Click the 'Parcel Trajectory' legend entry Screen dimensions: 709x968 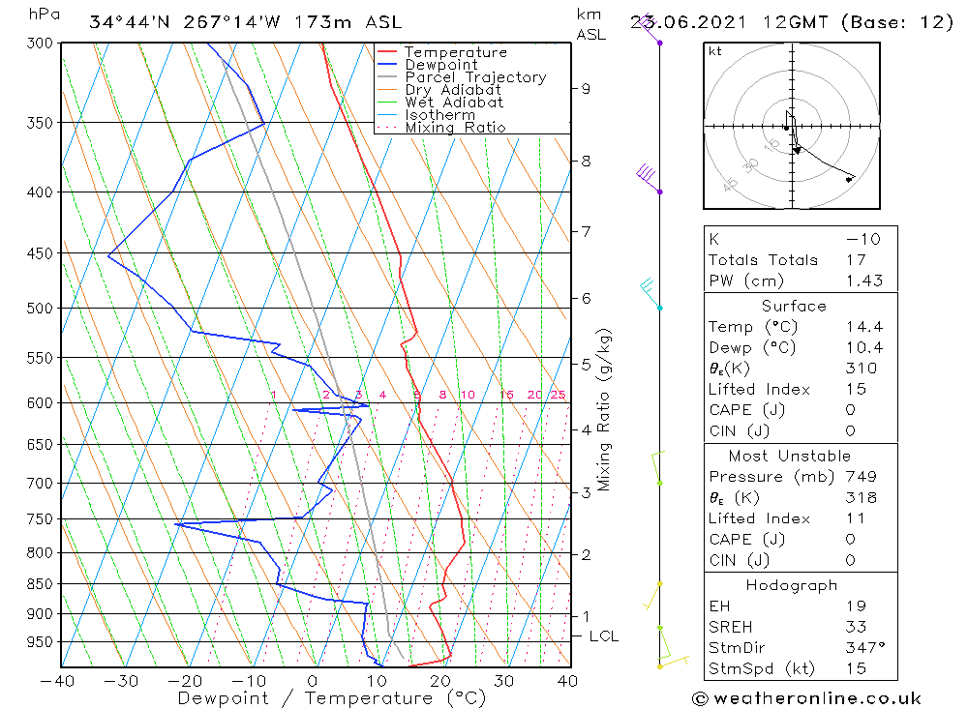click(x=475, y=77)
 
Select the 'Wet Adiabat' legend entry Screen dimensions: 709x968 click(x=454, y=103)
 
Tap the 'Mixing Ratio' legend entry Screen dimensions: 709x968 click(x=455, y=127)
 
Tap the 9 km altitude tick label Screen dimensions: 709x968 click(x=586, y=89)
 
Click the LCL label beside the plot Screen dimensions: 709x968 click(x=603, y=636)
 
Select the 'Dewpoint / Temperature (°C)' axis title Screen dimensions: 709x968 click(x=331, y=697)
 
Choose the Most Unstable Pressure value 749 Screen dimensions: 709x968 click(x=860, y=477)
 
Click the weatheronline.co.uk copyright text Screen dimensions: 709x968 click(x=806, y=698)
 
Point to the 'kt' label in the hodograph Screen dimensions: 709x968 click(x=715, y=51)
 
